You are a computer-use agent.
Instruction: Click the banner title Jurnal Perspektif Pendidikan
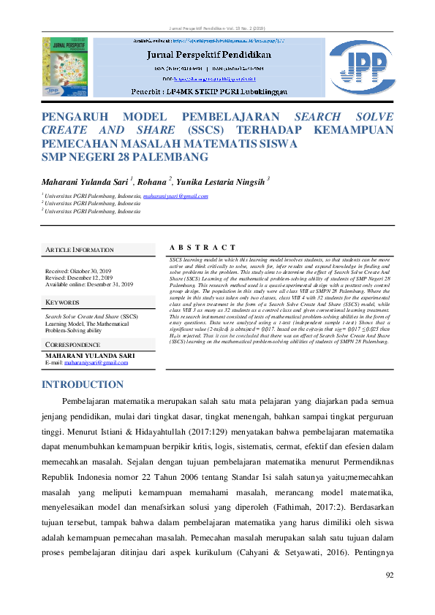click(210, 54)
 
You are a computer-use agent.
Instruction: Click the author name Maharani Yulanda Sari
click(84, 180)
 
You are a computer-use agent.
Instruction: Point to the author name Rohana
click(153, 180)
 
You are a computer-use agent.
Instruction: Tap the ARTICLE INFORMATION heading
click(80, 250)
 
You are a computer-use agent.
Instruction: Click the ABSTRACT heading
click(202, 248)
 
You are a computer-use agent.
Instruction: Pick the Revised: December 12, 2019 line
click(79, 278)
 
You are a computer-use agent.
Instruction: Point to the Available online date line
click(89, 285)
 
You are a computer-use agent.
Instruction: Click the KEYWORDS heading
click(63, 302)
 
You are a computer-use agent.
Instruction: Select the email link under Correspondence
click(101, 362)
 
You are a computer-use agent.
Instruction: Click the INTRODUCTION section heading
click(83, 384)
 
